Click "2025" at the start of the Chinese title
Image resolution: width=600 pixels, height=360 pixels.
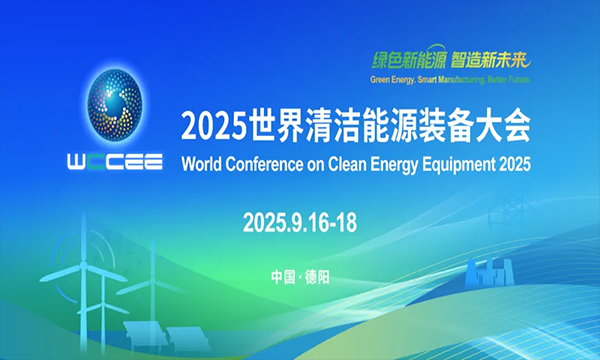click(207, 127)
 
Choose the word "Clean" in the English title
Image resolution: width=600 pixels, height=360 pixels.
click(357, 163)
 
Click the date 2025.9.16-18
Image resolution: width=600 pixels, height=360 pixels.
click(300, 223)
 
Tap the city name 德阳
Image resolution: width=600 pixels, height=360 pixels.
click(317, 276)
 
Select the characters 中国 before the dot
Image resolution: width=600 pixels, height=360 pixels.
click(283, 276)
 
